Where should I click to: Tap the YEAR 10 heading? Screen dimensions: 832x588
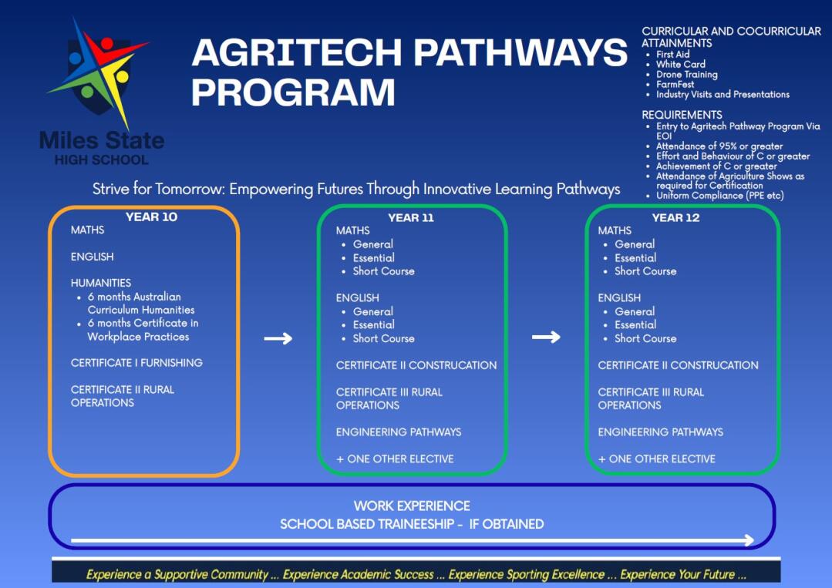151,217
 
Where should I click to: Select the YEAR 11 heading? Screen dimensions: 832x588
411,218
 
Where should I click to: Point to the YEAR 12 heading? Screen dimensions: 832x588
675,218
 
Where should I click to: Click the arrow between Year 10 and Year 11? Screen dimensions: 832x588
278,338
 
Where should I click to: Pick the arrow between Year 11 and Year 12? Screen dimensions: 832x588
546,338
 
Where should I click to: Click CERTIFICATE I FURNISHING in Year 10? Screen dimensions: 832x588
137,363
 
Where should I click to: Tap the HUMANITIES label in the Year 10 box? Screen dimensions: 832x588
101,283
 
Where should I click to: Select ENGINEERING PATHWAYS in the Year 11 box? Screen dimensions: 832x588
399,432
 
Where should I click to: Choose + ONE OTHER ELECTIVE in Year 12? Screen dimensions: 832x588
657,459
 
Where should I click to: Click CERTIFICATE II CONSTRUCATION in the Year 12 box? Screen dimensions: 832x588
678,365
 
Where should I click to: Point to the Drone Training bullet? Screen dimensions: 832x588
686,74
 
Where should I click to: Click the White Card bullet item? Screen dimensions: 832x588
681,64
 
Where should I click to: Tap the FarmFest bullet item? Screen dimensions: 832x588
675,84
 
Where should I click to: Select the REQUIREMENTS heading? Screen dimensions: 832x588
682,115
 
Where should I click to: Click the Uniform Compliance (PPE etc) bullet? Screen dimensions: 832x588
719,196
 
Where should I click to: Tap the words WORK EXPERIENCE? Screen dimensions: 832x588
412,506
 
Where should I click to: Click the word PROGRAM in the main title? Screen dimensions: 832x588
294,92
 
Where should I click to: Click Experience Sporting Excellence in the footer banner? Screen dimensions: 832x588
527,574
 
